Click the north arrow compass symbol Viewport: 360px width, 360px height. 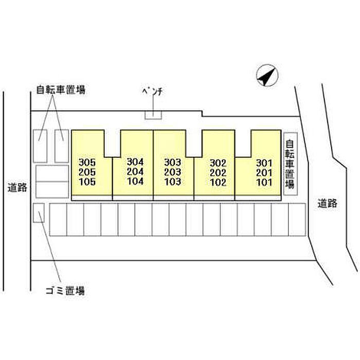(x=267, y=75)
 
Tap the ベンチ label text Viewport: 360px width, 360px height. (x=152, y=92)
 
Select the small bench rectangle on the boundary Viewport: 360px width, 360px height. (x=153, y=115)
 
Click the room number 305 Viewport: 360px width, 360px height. (x=87, y=163)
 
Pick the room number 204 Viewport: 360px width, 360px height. (x=135, y=171)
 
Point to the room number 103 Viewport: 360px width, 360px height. (x=173, y=182)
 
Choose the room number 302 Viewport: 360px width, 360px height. (x=218, y=163)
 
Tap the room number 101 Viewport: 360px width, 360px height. (x=264, y=182)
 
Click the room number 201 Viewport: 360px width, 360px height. (x=264, y=173)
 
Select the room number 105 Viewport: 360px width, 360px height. (x=87, y=182)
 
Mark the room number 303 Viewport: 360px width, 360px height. (x=173, y=163)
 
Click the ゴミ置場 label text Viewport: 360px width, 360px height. (x=65, y=291)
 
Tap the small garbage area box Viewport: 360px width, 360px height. (x=39, y=213)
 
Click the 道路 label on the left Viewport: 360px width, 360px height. (x=17, y=188)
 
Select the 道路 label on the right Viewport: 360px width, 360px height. (x=328, y=203)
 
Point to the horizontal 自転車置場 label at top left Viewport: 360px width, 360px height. (x=61, y=90)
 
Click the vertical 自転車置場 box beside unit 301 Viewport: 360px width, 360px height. (x=291, y=164)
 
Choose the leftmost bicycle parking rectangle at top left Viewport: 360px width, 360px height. (x=40, y=146)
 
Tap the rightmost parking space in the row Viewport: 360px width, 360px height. (x=297, y=220)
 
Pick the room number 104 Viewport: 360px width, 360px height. (x=135, y=181)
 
